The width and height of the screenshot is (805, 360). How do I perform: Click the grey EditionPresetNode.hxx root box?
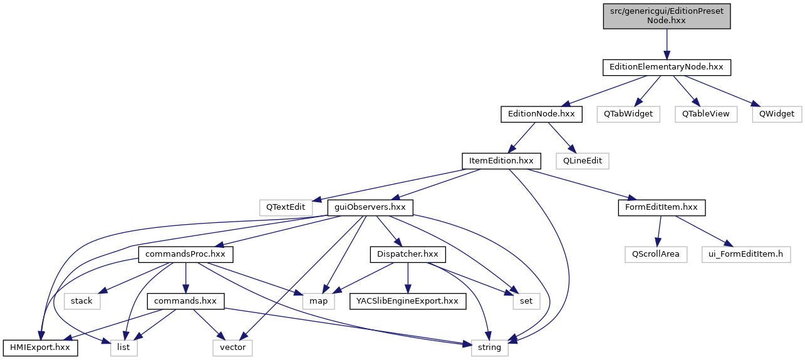[667, 16]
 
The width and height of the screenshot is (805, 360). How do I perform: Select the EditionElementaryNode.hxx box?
[667, 66]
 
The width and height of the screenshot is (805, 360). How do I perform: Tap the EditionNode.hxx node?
[541, 114]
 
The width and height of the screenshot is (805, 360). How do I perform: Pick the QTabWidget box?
[628, 114]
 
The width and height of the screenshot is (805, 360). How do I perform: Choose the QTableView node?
[705, 114]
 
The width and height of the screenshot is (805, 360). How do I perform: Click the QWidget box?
[776, 114]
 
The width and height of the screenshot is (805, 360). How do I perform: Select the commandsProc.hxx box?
[185, 255]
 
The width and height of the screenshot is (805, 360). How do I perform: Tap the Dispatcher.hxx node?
[408, 255]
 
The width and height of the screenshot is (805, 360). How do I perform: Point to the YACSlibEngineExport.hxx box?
[407, 301]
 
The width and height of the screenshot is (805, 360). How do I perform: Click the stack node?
[81, 301]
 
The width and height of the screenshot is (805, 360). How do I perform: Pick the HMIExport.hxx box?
[41, 347]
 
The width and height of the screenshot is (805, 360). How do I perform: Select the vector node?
[232, 347]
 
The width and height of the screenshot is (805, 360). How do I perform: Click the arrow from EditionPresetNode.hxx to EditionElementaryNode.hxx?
[667, 43]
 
